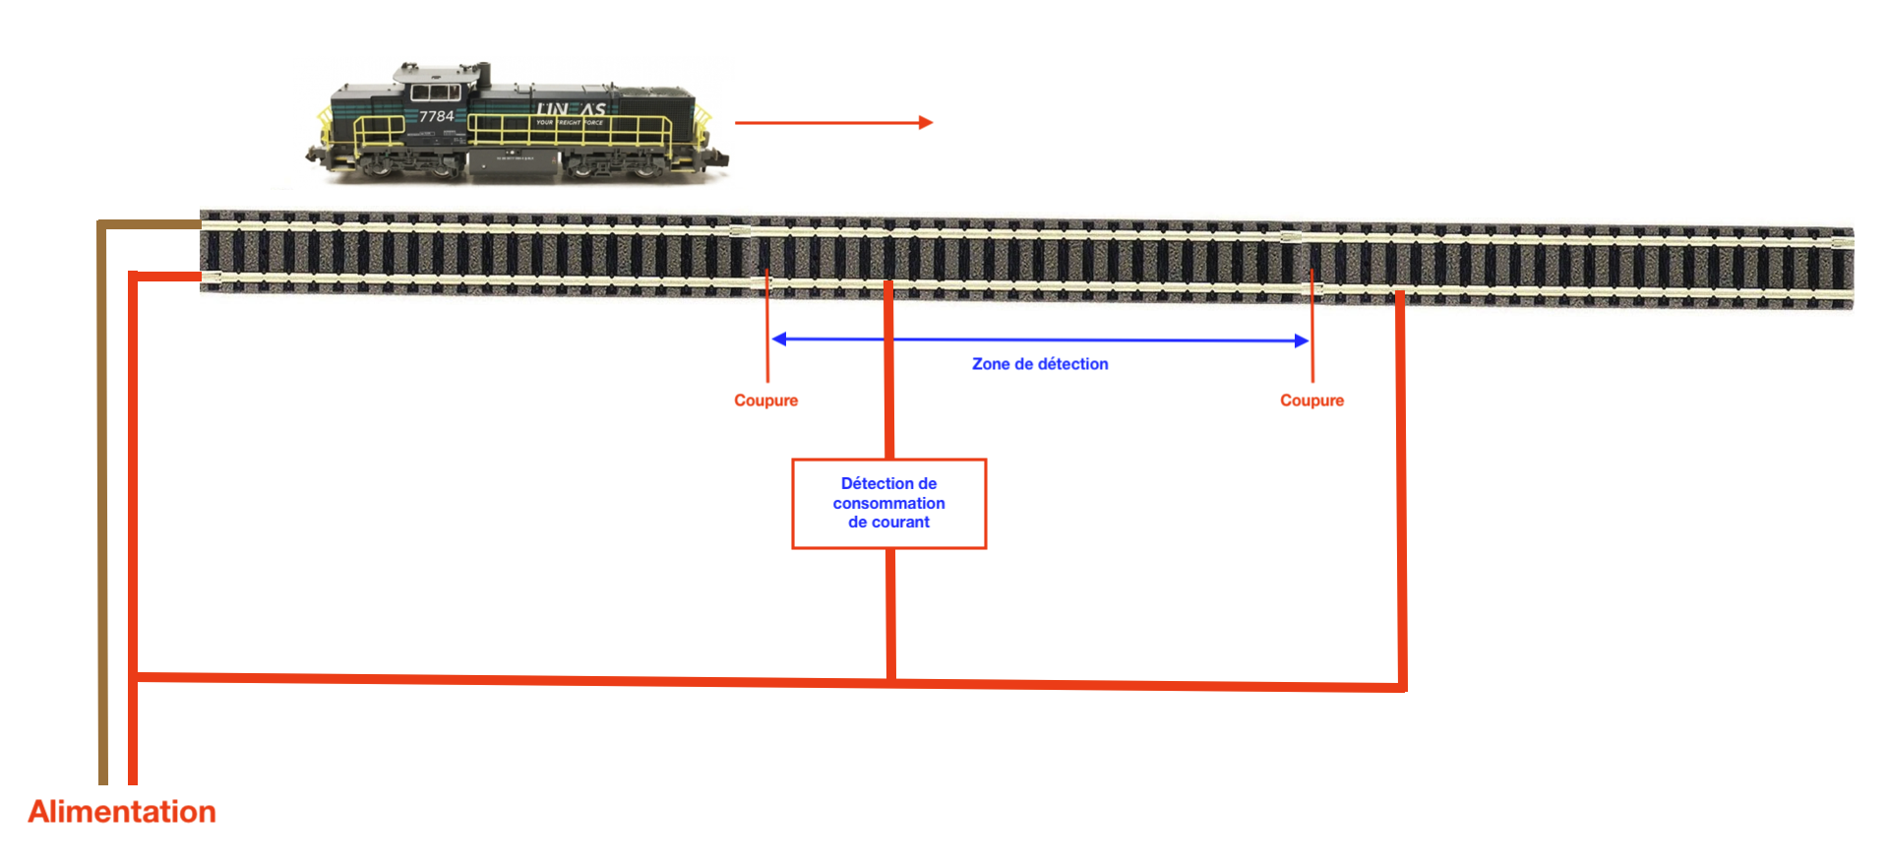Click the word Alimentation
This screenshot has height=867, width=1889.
[122, 812]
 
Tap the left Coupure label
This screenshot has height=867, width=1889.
[765, 401]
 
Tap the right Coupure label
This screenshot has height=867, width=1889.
[1311, 401]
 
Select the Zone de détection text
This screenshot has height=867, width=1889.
[1040, 364]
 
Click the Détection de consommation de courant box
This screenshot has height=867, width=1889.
[888, 503]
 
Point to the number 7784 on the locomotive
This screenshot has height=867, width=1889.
[437, 116]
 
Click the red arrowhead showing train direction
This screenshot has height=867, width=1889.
[925, 123]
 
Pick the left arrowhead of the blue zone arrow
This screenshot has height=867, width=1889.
[779, 340]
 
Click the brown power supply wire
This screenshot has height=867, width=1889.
[102, 492]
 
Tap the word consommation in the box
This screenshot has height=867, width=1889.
[888, 503]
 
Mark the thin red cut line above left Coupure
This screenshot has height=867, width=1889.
[767, 330]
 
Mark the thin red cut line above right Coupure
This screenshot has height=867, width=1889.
[1312, 330]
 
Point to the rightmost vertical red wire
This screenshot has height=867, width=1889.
[1401, 492]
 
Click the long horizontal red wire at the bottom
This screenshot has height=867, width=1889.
[590, 680]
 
